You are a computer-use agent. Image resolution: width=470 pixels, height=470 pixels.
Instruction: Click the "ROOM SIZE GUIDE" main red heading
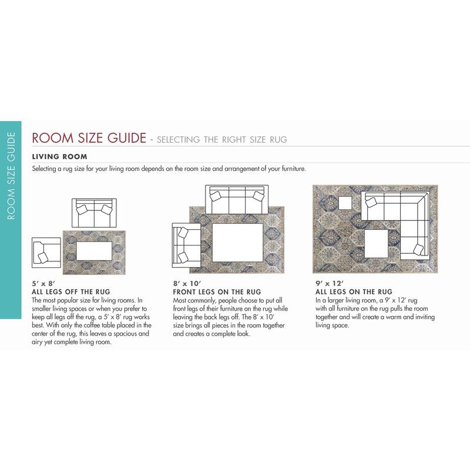pos(89,139)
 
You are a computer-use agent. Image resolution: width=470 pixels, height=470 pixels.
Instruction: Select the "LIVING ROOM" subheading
pos(59,157)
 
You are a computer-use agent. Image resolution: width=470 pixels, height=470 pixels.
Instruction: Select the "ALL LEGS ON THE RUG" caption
pos(354,292)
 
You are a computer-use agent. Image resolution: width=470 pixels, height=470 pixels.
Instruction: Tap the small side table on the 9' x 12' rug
pos(344,203)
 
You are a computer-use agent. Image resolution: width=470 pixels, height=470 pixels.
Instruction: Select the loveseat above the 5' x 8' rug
pos(94,213)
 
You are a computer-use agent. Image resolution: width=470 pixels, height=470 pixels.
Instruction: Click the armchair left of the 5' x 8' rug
pos(46,251)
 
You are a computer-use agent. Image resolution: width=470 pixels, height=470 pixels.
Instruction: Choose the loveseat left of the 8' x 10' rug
pos(184,244)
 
